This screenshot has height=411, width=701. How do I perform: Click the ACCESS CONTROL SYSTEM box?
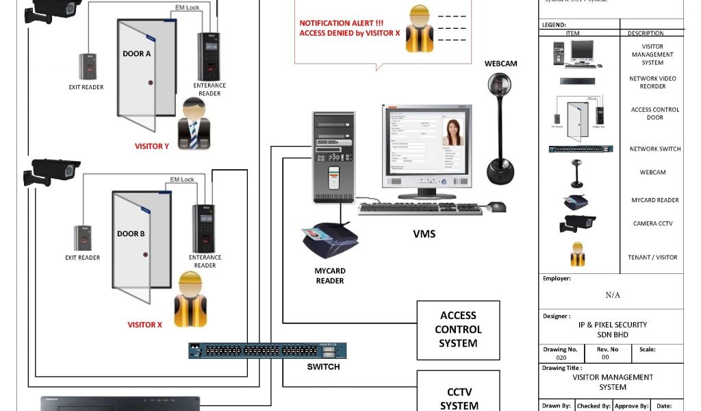pyautogui.click(x=459, y=330)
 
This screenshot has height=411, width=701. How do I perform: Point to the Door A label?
pyautogui.click(x=137, y=53)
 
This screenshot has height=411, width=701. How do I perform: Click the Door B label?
pyautogui.click(x=131, y=234)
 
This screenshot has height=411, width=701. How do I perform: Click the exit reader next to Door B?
pyautogui.click(x=83, y=238)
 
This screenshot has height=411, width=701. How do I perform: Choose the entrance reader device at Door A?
pyautogui.click(x=209, y=56)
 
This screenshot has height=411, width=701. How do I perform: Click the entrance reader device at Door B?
pyautogui.click(x=203, y=229)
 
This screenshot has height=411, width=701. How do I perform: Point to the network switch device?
pyautogui.click(x=268, y=351)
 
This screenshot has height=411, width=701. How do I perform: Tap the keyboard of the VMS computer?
pyautogui.click(x=420, y=208)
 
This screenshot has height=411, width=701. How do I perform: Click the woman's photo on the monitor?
pyautogui.click(x=453, y=133)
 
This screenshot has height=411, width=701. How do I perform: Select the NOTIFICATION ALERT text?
pyautogui.click(x=341, y=23)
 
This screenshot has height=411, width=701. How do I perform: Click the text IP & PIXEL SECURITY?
pyautogui.click(x=612, y=325)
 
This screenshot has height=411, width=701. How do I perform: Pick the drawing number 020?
pyautogui.click(x=561, y=358)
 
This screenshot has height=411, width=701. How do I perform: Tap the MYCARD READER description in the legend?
pyautogui.click(x=654, y=200)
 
